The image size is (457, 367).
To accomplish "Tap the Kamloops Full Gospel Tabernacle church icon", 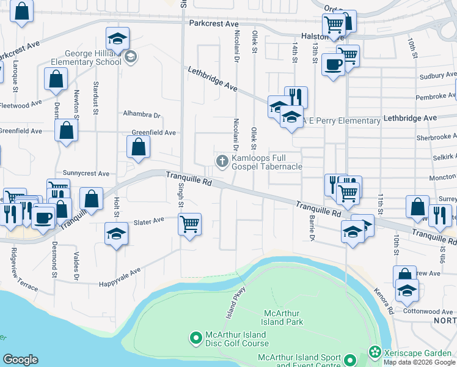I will [x=222, y=161].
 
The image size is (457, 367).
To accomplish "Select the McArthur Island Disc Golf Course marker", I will [x=196, y=337].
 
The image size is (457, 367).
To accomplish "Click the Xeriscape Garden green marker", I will [x=374, y=352].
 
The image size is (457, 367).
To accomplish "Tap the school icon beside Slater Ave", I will [x=116, y=234].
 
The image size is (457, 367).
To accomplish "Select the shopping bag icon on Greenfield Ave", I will [x=139, y=147].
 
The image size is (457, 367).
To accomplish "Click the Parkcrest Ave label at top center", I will [x=213, y=23].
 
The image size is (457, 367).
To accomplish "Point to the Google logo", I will [x=20, y=360].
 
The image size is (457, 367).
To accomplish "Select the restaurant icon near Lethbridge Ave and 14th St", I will [x=296, y=97].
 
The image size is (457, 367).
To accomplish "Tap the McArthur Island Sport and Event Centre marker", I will [x=349, y=360].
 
